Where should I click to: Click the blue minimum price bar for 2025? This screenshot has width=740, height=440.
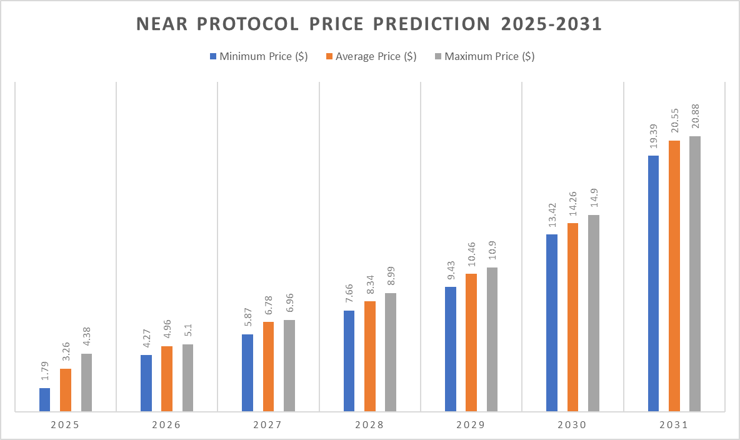(x=44, y=400)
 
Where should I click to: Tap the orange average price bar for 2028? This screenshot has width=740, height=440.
(x=370, y=356)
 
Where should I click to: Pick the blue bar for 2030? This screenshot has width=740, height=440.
(x=552, y=322)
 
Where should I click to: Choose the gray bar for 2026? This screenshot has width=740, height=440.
(x=187, y=377)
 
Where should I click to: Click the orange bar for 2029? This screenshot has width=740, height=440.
(x=471, y=342)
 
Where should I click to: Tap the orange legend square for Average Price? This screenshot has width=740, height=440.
(x=329, y=56)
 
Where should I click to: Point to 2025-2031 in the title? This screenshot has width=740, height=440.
(x=552, y=24)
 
